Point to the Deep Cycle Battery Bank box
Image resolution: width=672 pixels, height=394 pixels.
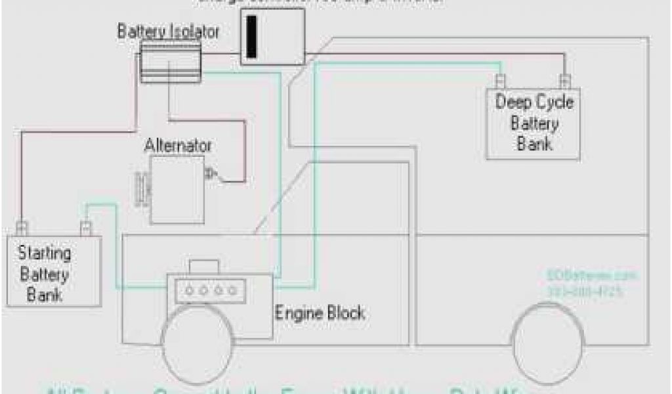[533, 123]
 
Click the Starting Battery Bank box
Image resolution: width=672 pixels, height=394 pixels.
[54, 271]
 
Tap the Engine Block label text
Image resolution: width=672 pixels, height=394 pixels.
[319, 313]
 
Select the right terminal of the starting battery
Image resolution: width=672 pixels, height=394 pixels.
[85, 228]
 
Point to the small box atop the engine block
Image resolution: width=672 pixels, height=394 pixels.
[204, 267]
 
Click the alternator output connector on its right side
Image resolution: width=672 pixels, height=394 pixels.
[212, 174]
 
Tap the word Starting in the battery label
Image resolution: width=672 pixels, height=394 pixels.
[45, 252]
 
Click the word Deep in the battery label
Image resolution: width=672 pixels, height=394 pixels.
[509, 102]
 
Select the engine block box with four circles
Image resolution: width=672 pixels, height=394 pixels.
[205, 290]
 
